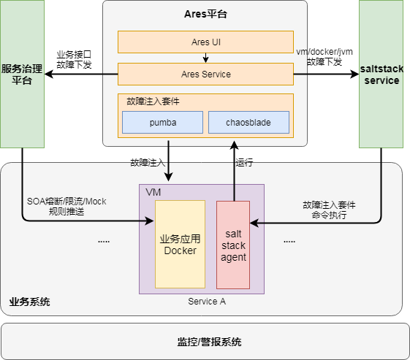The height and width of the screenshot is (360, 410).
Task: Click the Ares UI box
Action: (205, 42)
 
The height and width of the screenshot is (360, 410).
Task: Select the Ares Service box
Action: (205, 74)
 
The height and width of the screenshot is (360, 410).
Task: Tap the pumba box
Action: (162, 122)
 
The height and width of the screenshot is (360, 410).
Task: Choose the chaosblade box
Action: (248, 122)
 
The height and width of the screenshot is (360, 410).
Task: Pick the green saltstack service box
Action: (381, 74)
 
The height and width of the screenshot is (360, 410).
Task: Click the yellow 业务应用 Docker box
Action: (180, 244)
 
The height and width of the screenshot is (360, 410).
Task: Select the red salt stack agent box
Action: (233, 245)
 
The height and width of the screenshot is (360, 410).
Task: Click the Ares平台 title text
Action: (205, 15)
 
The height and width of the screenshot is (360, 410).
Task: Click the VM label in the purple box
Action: (153, 191)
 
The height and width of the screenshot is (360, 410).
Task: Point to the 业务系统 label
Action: (29, 302)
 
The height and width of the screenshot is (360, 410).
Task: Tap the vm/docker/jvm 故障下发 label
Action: (324, 57)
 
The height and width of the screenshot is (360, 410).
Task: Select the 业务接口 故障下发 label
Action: (74, 59)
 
